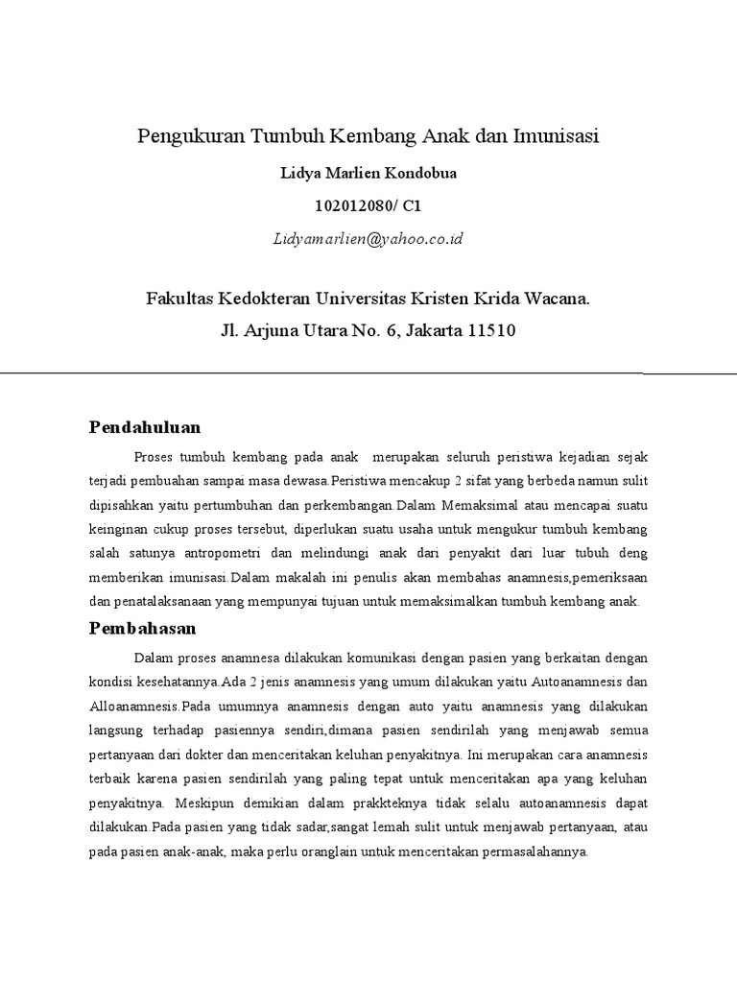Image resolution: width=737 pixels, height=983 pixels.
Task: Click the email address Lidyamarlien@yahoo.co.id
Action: click(x=368, y=238)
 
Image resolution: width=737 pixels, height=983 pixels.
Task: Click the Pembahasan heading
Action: click(x=143, y=628)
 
